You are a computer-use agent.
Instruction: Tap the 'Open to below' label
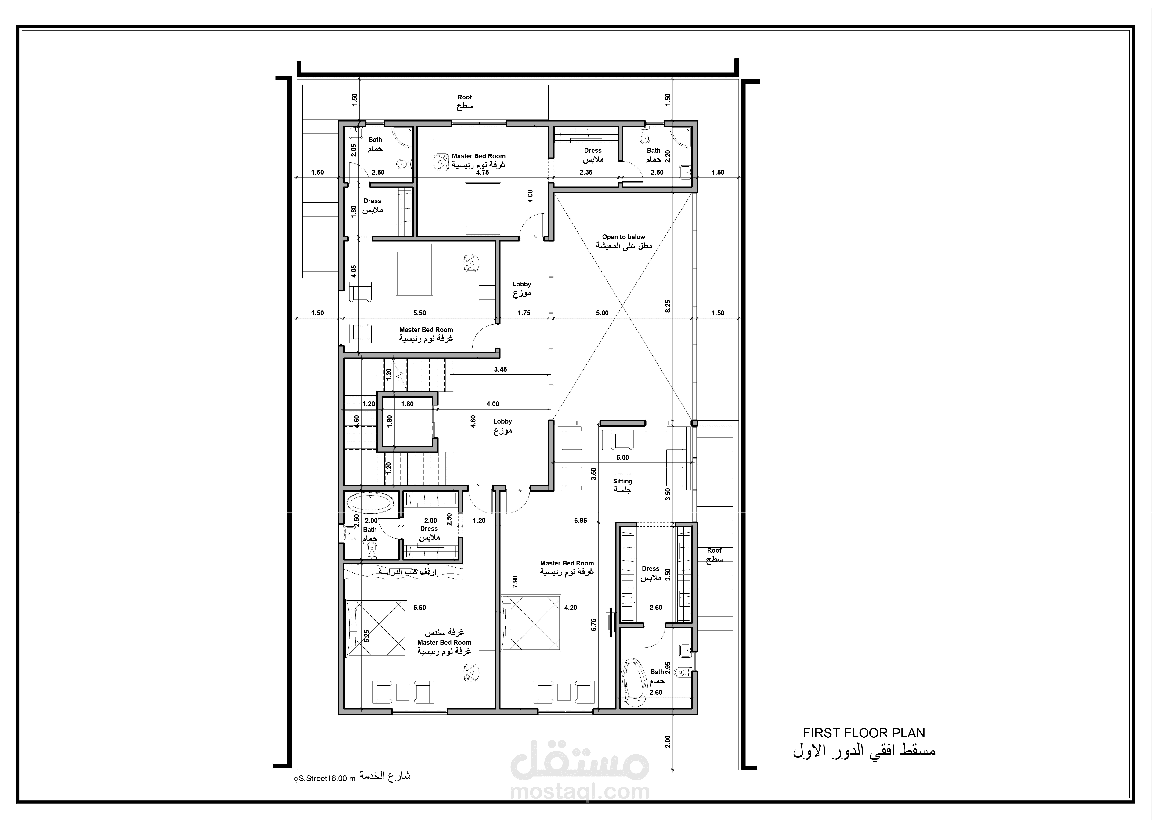coord(623,237)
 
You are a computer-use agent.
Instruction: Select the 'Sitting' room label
coord(622,481)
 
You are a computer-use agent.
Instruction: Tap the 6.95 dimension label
coord(581,521)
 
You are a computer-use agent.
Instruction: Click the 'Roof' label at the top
coord(464,97)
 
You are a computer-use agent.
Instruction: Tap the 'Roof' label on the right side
coord(714,550)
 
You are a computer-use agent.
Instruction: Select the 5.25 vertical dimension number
coord(366,636)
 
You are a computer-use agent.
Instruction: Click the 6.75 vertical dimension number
coord(594,625)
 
